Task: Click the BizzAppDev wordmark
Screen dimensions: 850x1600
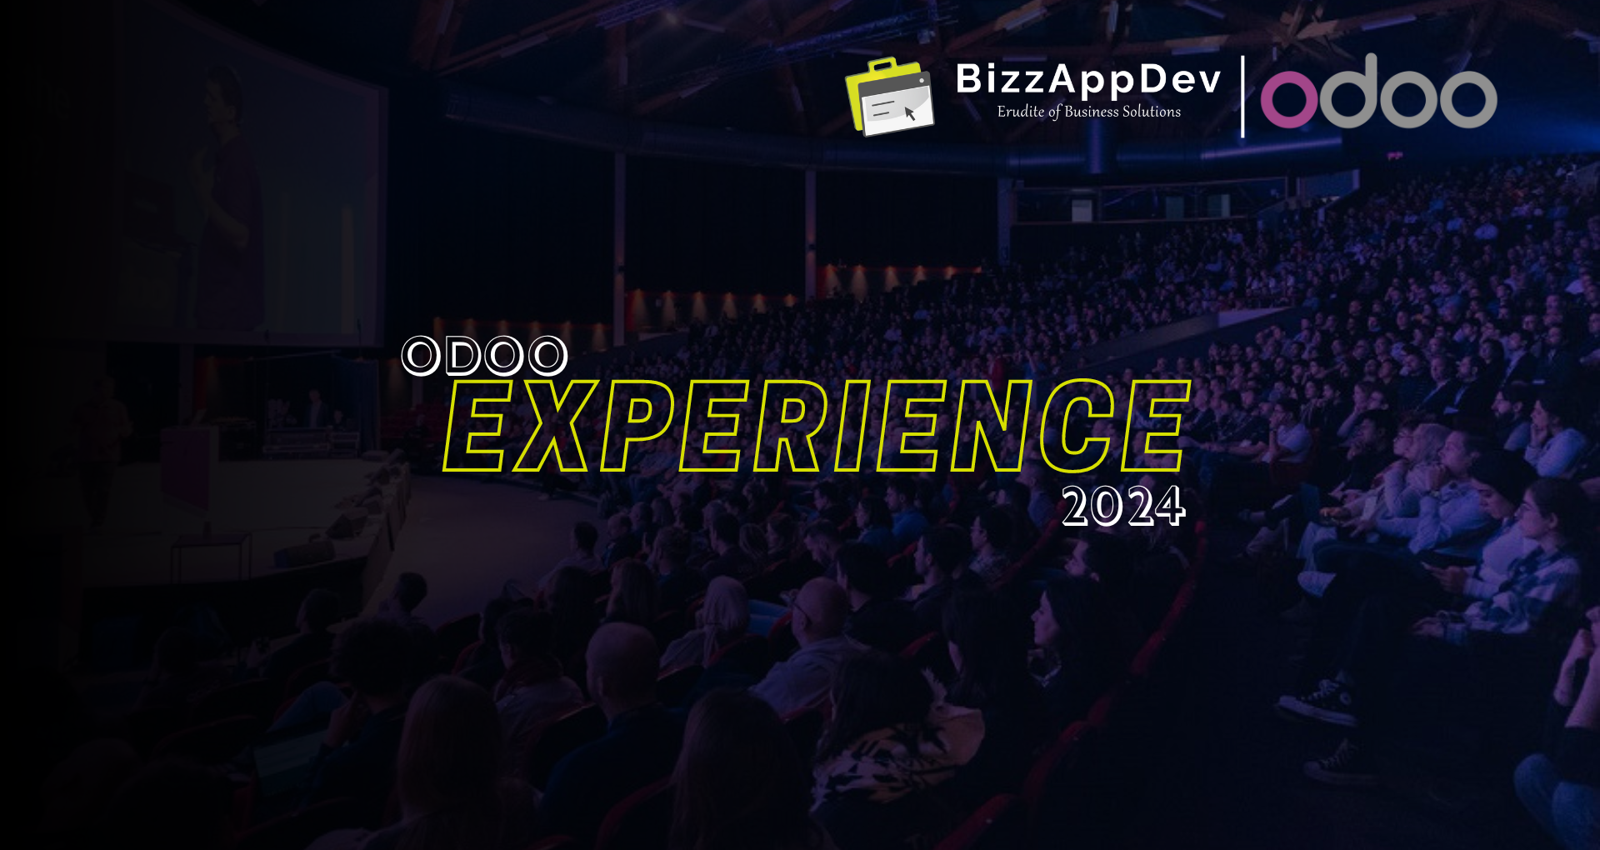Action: (x=1087, y=80)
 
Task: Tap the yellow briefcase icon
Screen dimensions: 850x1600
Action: (x=889, y=97)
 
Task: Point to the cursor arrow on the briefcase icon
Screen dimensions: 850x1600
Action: (x=909, y=112)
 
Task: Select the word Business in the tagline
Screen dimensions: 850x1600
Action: (x=1091, y=112)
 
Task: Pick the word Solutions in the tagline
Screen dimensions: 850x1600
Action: (x=1152, y=112)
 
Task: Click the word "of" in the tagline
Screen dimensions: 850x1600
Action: (x=1054, y=112)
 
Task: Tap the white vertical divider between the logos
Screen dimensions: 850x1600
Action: (x=1242, y=96)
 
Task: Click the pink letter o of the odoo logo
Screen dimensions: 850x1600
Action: (x=1289, y=97)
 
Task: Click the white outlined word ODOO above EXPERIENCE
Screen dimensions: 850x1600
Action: (x=484, y=356)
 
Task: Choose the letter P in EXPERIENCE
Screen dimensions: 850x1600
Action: (x=638, y=427)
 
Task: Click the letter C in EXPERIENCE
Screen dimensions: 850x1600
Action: (x=1076, y=427)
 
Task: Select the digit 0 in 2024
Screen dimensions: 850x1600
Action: (x=1108, y=507)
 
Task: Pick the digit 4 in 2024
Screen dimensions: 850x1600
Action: (x=1169, y=507)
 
